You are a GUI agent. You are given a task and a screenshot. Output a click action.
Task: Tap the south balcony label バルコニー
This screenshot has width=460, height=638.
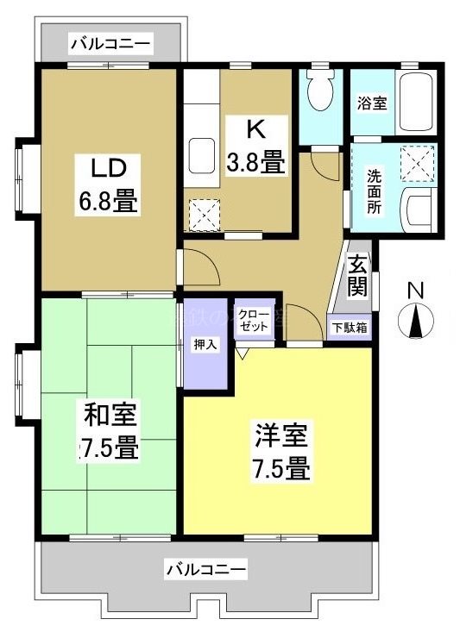tap(206, 568)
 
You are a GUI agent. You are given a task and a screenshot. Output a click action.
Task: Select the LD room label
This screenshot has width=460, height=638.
tap(104, 165)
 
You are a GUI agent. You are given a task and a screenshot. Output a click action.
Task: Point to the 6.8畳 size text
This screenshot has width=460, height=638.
tap(104, 203)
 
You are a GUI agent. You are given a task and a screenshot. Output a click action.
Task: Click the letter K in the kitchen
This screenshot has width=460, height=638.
tap(255, 128)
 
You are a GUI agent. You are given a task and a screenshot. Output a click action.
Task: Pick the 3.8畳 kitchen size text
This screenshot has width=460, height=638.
tap(255, 160)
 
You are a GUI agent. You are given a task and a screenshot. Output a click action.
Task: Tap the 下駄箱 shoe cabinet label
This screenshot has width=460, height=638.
tap(351, 328)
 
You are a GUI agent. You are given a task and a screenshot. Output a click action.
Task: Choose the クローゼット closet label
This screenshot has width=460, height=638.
tap(255, 320)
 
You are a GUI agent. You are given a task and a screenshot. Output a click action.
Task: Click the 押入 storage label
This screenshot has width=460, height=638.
tap(205, 344)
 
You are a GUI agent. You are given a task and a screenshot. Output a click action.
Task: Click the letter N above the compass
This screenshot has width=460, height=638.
tap(415, 291)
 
